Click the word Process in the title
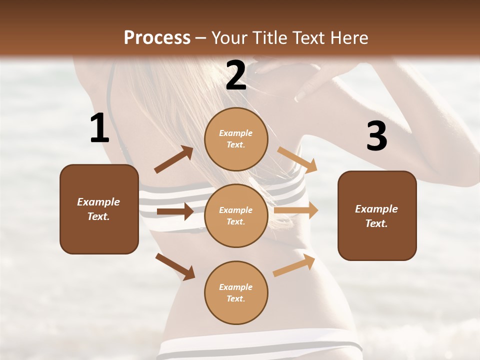coord(157,38)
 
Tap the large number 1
coord(99,128)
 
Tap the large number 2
coord(236,75)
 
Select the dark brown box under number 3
coord(377,243)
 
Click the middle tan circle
coord(236,235)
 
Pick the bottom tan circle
coord(236,312)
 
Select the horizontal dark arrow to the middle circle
coord(175,211)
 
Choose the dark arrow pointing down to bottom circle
coord(175,266)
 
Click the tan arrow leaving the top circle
coord(297,159)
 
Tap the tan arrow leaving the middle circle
coord(295,210)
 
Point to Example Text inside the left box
coord(98,209)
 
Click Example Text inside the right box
coord(376,216)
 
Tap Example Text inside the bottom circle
coord(236,293)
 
